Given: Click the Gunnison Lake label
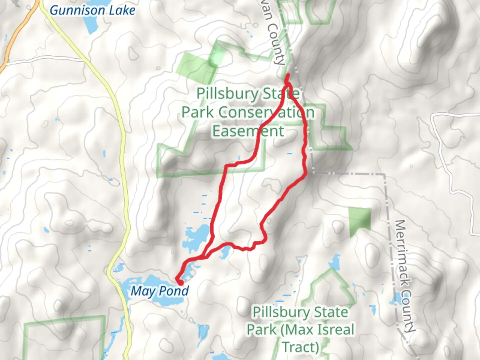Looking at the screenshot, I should [92, 10].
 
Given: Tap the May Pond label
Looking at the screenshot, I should [160, 291].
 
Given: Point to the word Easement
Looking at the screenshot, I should [248, 131].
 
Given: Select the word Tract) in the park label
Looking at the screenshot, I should [301, 347].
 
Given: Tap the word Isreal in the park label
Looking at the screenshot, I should [334, 330].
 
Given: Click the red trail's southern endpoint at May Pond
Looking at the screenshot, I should [180, 282].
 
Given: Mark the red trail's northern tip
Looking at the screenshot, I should [287, 75].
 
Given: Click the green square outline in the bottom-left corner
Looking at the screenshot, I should [63, 337].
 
